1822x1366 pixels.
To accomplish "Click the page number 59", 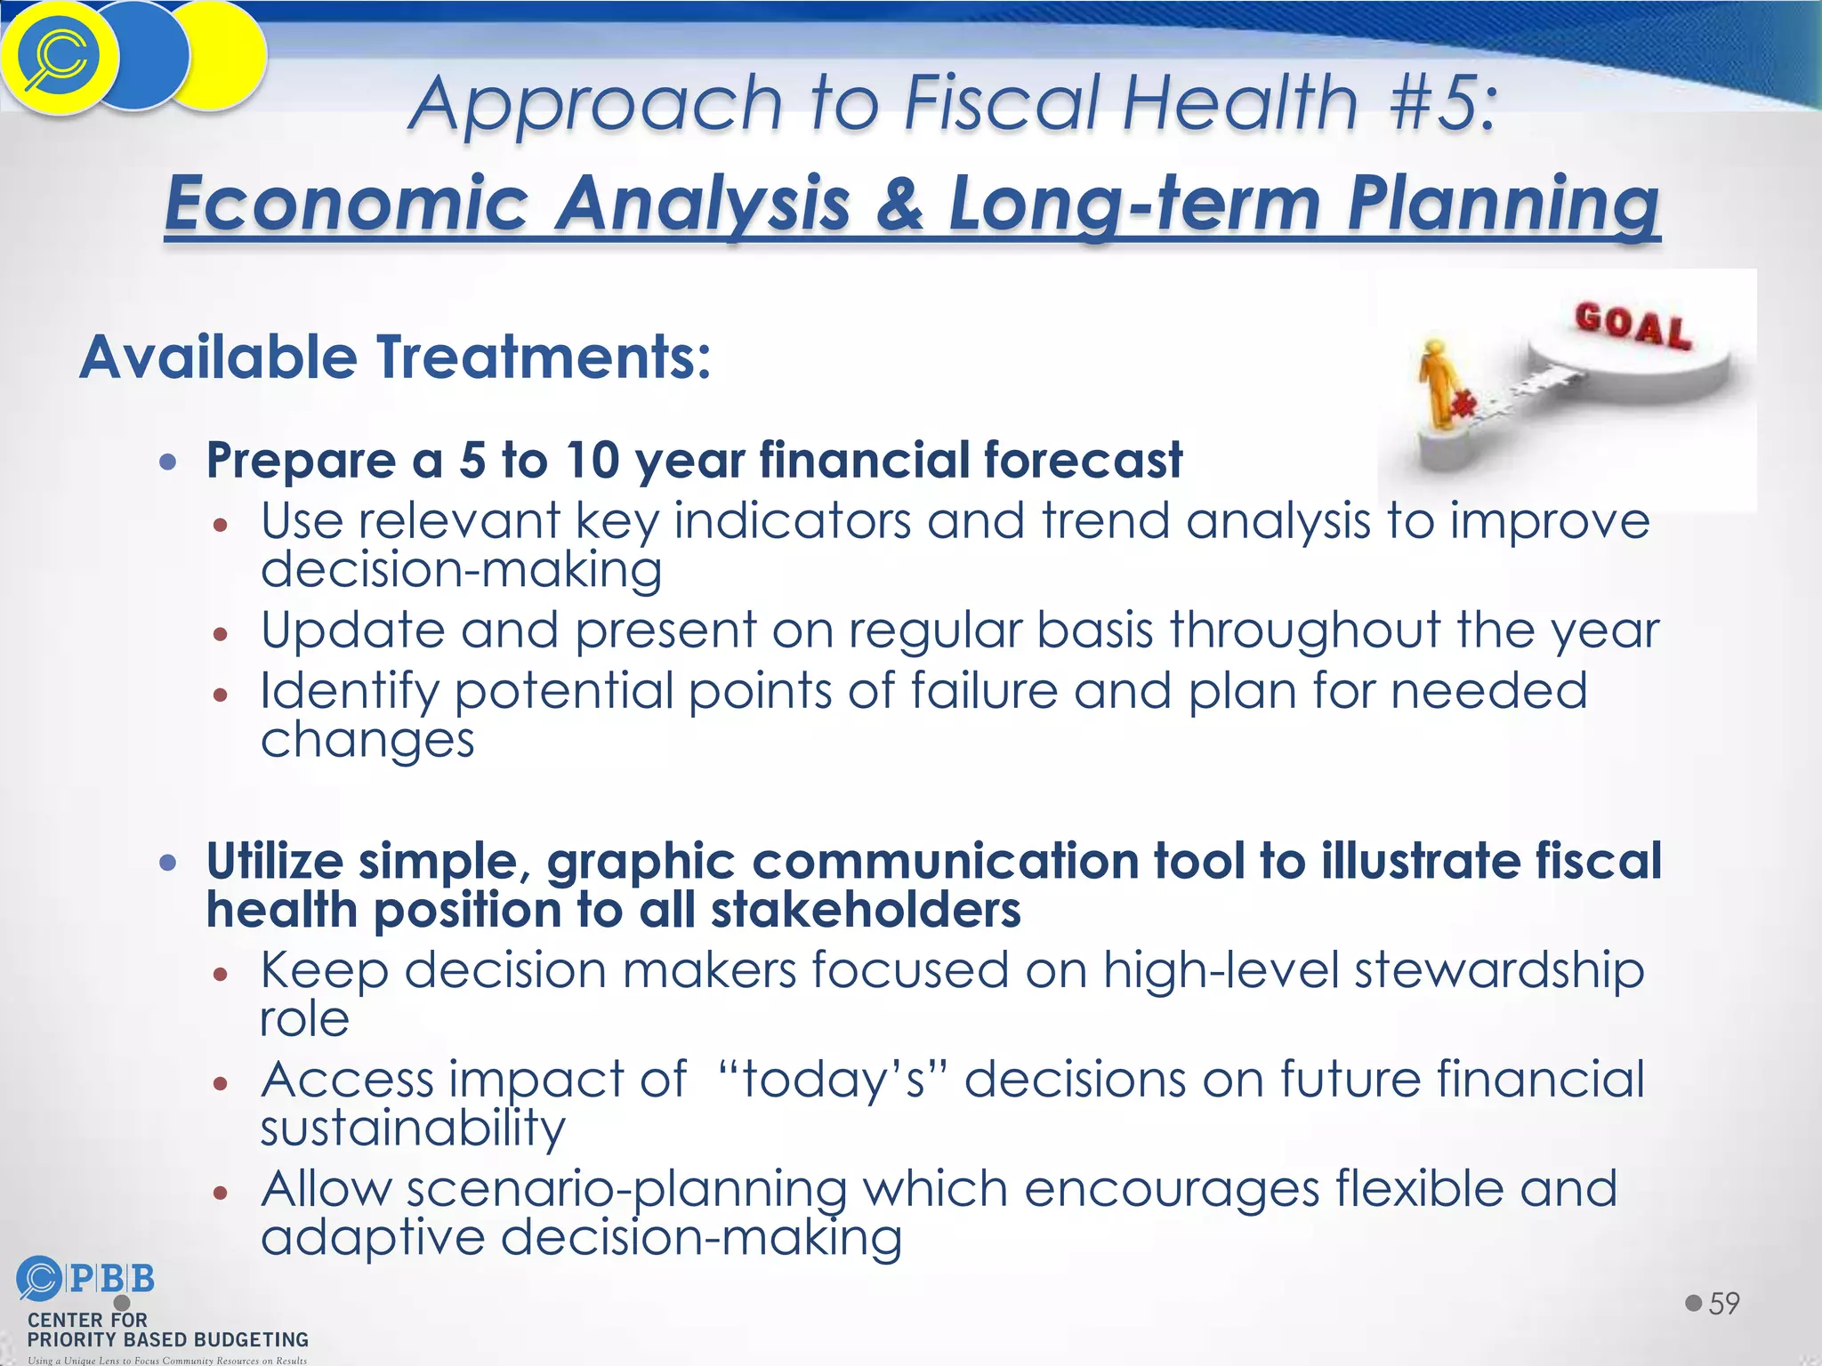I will point(1723,1304).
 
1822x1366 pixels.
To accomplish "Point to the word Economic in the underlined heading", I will point(347,203).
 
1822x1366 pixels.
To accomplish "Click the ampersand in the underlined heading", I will point(900,203).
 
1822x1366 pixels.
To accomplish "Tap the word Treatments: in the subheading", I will point(543,358).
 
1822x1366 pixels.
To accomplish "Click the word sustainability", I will point(412,1128).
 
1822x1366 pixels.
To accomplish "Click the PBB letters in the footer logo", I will point(111,1279).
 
